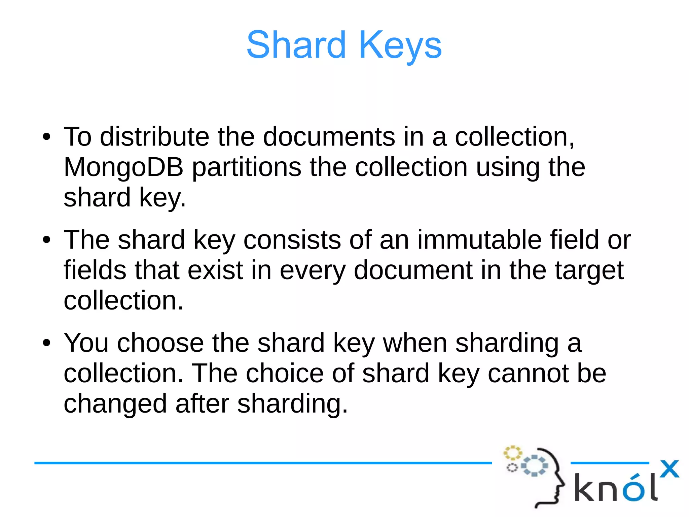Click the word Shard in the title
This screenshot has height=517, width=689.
[296, 45]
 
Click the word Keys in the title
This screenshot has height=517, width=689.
[400, 45]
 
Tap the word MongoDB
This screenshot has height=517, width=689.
[123, 167]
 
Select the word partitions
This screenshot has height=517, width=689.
[247, 167]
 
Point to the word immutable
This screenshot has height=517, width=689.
[479, 240]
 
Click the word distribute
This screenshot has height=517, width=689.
[154, 137]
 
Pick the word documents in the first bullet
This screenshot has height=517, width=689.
[329, 137]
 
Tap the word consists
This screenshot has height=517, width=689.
[292, 240]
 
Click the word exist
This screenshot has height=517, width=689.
[215, 270]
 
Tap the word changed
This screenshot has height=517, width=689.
[115, 404]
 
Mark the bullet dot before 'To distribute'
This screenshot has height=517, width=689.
[46, 137]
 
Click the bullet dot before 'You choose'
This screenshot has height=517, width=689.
[46, 343]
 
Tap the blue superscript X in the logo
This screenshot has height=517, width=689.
[669, 469]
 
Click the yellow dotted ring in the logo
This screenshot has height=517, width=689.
[512, 453]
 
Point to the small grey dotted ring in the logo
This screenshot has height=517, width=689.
[512, 468]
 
